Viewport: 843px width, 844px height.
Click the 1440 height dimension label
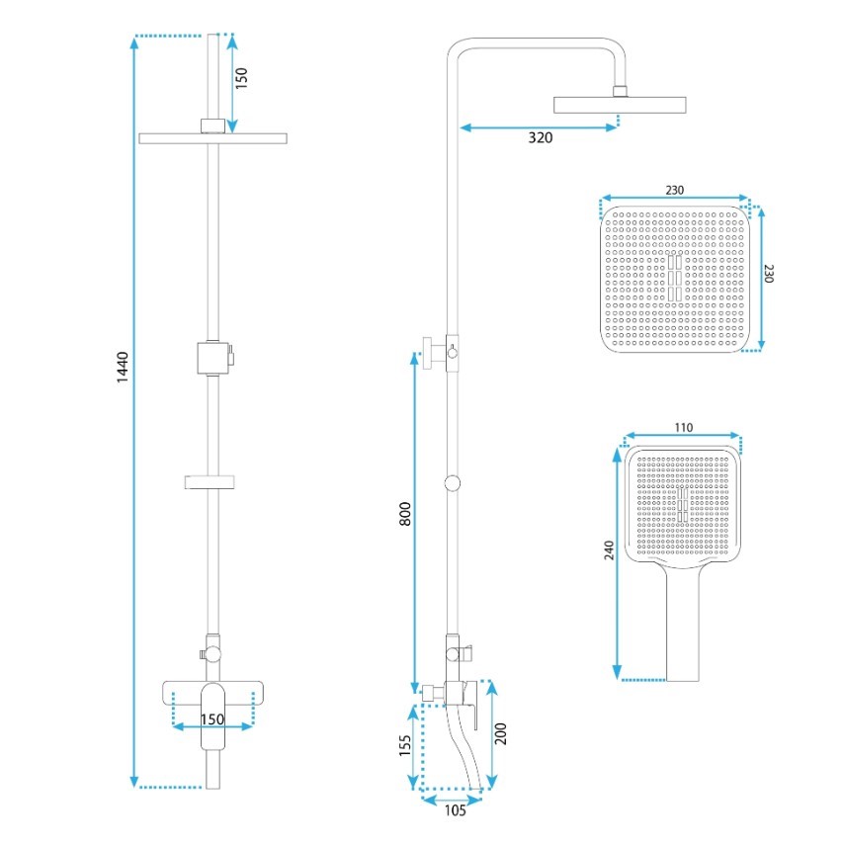pyautogui.click(x=123, y=367)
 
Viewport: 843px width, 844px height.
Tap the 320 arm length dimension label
pyautogui.click(x=540, y=138)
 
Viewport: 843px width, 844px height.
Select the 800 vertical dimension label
pyautogui.click(x=405, y=514)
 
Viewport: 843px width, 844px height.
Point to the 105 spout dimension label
pyautogui.click(x=455, y=810)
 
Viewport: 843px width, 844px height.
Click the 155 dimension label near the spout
pyautogui.click(x=405, y=745)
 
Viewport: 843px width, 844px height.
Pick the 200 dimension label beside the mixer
pyautogui.click(x=501, y=733)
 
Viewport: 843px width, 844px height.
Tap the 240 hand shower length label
pyautogui.click(x=609, y=550)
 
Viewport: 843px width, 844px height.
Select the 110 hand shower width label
pyautogui.click(x=684, y=427)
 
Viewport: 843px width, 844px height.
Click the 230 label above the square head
pyautogui.click(x=675, y=190)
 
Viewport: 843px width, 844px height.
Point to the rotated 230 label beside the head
pyautogui.click(x=768, y=274)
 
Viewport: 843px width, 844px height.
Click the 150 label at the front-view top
pyautogui.click(x=242, y=78)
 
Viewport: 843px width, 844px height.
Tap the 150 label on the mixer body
pyautogui.click(x=212, y=719)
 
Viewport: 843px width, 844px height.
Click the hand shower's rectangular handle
pyautogui.click(x=683, y=625)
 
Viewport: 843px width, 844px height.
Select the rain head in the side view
pyautogui.click(x=620, y=105)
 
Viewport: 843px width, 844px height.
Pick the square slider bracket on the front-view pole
pyautogui.click(x=214, y=358)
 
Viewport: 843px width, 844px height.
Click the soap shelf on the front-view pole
pyautogui.click(x=210, y=482)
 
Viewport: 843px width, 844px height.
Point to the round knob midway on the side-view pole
pyautogui.click(x=453, y=483)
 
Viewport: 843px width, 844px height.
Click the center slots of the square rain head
pyautogui.click(x=675, y=278)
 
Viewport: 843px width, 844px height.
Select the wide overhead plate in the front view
pyautogui.click(x=212, y=138)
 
